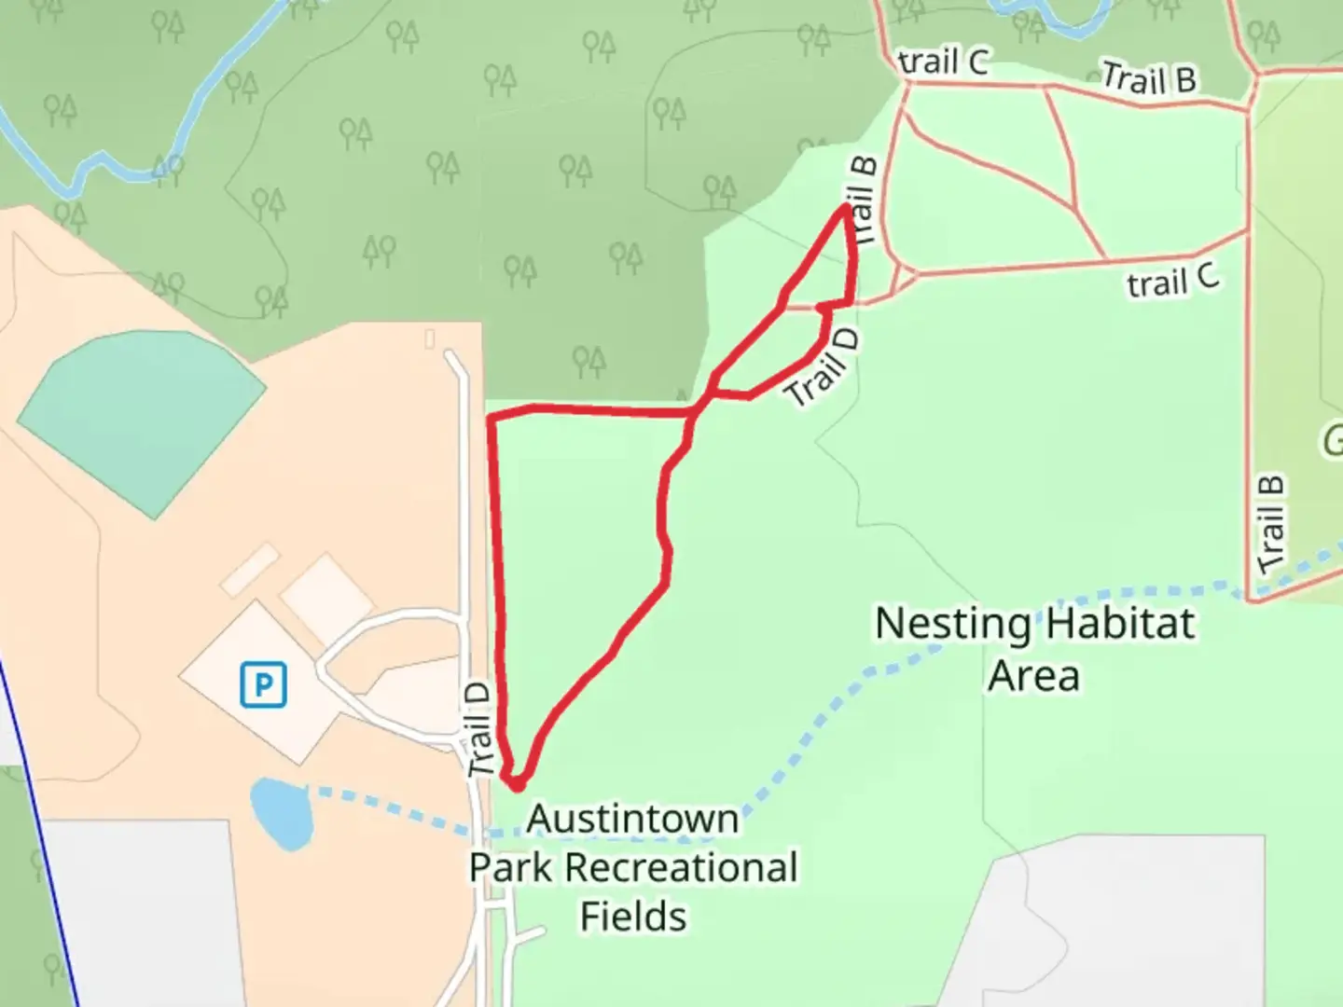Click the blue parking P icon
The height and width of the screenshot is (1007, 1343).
[x=263, y=685]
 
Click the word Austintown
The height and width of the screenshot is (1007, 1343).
[x=632, y=820]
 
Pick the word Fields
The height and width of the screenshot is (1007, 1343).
[x=633, y=917]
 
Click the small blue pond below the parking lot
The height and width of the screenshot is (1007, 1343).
[x=280, y=813]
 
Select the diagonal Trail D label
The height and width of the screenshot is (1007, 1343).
[x=822, y=366]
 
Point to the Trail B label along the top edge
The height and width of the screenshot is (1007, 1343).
[x=1148, y=78]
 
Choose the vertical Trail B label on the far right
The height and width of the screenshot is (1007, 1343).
[x=1270, y=524]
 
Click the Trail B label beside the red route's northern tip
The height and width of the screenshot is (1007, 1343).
[x=863, y=200]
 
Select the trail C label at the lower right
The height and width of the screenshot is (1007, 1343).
[x=1172, y=280]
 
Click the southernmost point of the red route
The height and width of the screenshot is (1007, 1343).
[x=516, y=786]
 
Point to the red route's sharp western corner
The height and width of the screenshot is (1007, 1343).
[x=491, y=417]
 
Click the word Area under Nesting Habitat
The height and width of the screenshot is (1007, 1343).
[x=1033, y=675]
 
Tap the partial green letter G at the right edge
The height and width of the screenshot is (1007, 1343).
[x=1332, y=439]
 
